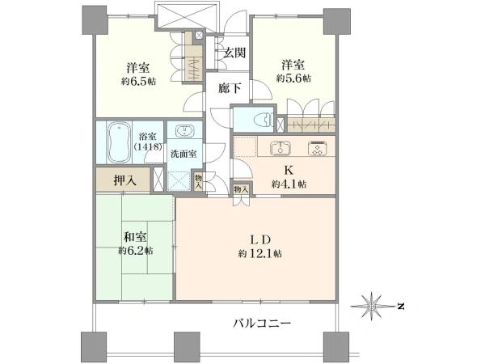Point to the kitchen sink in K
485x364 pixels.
coord(280,149)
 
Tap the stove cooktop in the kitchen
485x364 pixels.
coord(315,148)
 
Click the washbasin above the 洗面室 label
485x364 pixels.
coord(183,132)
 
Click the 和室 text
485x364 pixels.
coord(134,238)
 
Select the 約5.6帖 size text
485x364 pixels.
coord(293,78)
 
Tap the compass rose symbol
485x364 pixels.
coord(373,306)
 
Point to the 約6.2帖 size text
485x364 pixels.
coord(135,252)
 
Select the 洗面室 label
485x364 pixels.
coord(184,154)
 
